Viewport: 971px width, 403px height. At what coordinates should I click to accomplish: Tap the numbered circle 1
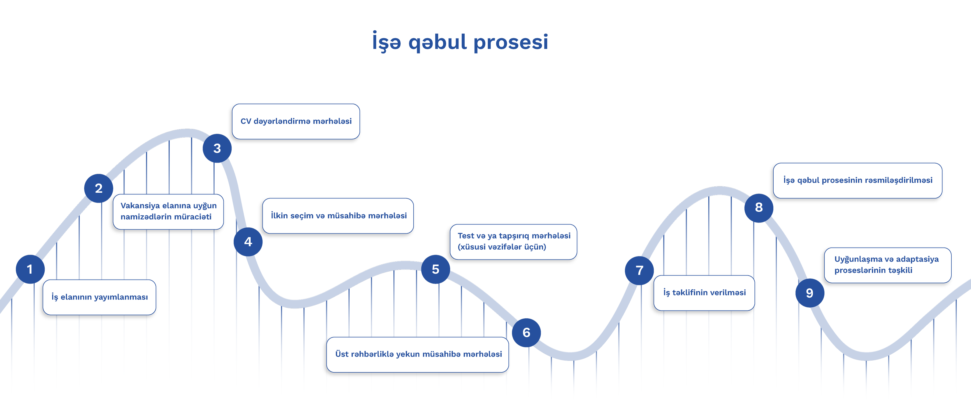click(x=30, y=269)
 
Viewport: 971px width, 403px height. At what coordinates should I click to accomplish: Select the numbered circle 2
click(x=99, y=188)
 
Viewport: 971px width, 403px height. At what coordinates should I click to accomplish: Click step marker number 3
click(x=217, y=148)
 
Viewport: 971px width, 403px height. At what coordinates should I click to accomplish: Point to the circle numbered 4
click(x=248, y=242)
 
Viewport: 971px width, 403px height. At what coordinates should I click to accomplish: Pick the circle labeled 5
click(x=435, y=269)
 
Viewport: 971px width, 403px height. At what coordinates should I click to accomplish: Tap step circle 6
click(x=526, y=333)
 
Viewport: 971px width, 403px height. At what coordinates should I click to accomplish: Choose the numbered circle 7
click(x=639, y=271)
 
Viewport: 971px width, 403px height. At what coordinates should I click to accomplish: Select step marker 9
click(x=810, y=293)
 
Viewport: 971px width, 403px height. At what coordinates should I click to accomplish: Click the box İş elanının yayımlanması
click(x=99, y=297)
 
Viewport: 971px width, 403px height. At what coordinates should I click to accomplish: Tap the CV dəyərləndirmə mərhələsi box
click(x=296, y=121)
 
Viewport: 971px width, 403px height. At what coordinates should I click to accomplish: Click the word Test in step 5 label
click(x=466, y=236)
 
